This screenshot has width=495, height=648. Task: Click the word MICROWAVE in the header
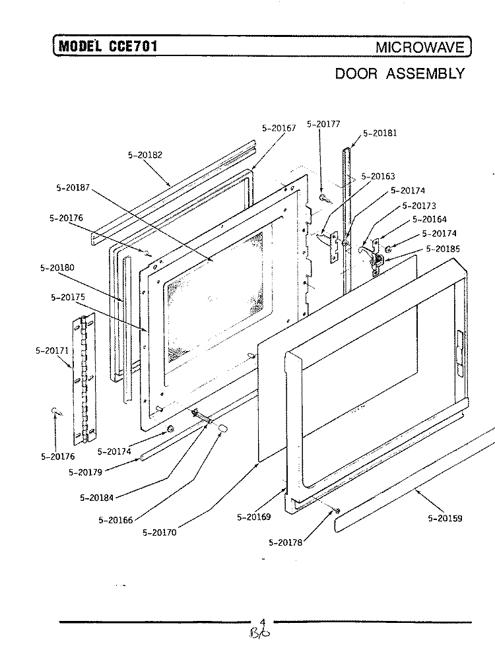pos(420,48)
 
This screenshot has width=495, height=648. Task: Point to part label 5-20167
pos(279,129)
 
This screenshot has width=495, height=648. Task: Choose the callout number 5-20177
pos(323,123)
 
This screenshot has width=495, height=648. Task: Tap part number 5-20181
pos(380,133)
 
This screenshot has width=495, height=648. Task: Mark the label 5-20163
pos(378,176)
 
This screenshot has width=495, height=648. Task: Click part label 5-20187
pos(74,187)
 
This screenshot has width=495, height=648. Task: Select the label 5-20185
pos(444,249)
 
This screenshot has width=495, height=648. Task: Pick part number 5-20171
pos(52,350)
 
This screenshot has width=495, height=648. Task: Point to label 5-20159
pos(445,518)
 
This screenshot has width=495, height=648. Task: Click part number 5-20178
pos(286,542)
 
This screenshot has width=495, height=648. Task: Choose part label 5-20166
pos(115,520)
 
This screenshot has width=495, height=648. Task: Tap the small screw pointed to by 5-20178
pos(337,511)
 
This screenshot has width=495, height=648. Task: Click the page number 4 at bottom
pos(262,622)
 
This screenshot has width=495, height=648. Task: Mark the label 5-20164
pos(430,220)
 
